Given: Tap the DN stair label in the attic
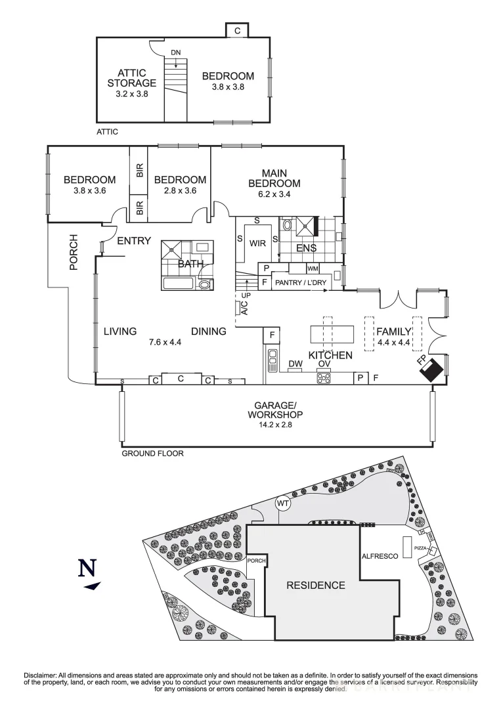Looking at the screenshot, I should click(x=175, y=52).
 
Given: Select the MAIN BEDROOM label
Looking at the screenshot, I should click(x=274, y=178).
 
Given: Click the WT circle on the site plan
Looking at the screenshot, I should click(x=283, y=504).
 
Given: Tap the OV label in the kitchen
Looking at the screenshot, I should click(x=324, y=364).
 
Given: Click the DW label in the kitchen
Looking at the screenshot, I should click(x=295, y=364).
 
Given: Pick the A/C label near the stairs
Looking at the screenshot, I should click(x=243, y=308).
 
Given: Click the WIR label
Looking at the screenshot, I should click(x=257, y=242).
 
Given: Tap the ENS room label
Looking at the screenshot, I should click(x=306, y=248).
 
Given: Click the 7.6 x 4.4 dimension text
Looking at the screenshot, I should click(x=165, y=342).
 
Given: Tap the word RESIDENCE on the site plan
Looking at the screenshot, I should click(x=316, y=585).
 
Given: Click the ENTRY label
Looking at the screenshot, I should click(x=134, y=241).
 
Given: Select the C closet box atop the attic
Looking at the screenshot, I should click(x=238, y=30).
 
